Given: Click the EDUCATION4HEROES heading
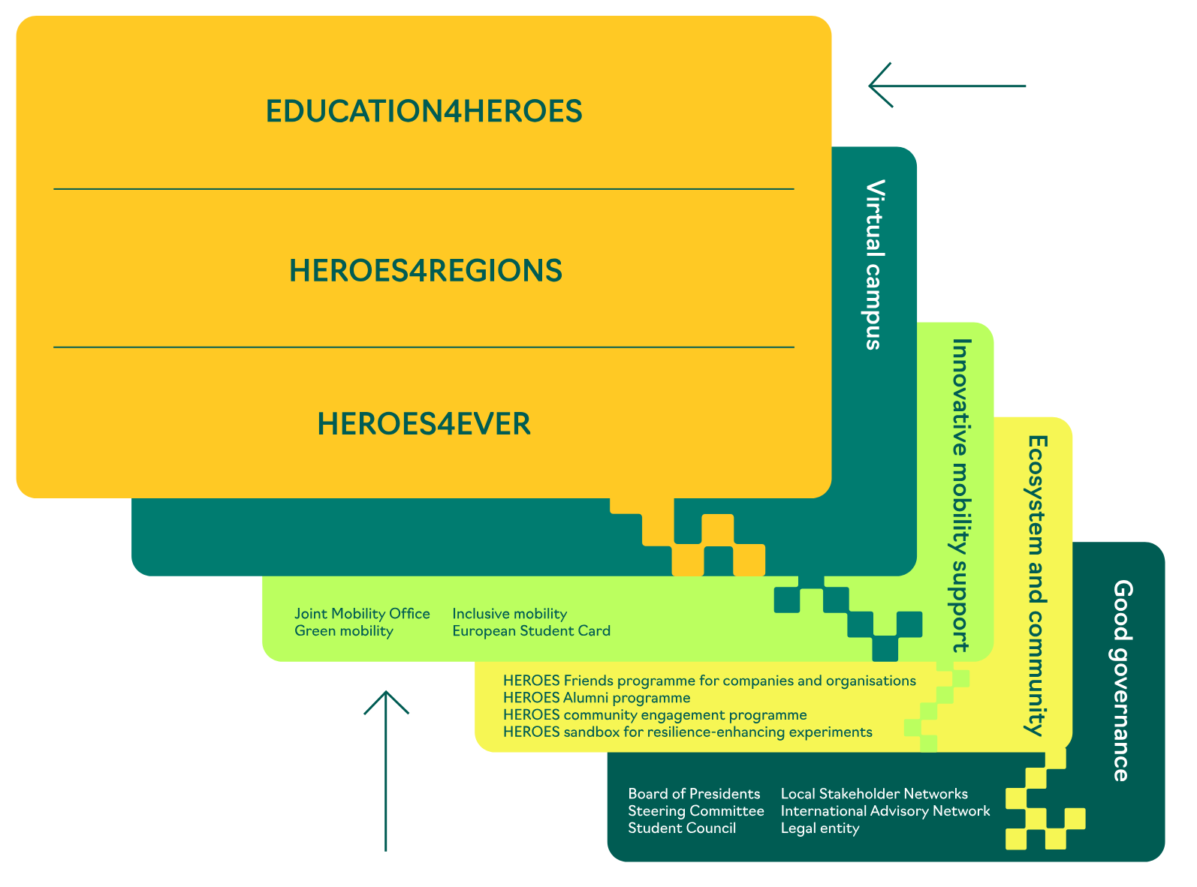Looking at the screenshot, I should tap(424, 111).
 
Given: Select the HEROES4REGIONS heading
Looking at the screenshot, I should tap(425, 271).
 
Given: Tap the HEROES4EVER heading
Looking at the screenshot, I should tap(424, 424).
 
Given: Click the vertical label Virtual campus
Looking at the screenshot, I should tap(874, 264).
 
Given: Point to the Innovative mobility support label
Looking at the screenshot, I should tap(961, 495).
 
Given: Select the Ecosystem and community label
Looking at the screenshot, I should tap(1037, 585).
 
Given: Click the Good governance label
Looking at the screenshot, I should tap(1122, 680).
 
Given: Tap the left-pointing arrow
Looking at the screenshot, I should tap(946, 86).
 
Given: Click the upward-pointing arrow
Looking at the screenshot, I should tap(386, 769).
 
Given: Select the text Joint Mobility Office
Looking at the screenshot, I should tap(362, 614).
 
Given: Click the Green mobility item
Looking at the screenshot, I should tap(343, 631).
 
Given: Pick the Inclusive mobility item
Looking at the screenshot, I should tap(509, 614).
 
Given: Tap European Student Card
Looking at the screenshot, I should tap(531, 631).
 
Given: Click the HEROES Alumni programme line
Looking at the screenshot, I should tap(596, 698).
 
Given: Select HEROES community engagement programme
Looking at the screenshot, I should tap(655, 715).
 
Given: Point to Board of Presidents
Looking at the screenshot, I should tap(694, 794).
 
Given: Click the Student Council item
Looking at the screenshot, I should tap(682, 828).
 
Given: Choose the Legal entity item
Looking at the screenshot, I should tap(820, 828).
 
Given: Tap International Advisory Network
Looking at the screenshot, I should tap(885, 811).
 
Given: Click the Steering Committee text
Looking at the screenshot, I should tap(696, 811).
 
